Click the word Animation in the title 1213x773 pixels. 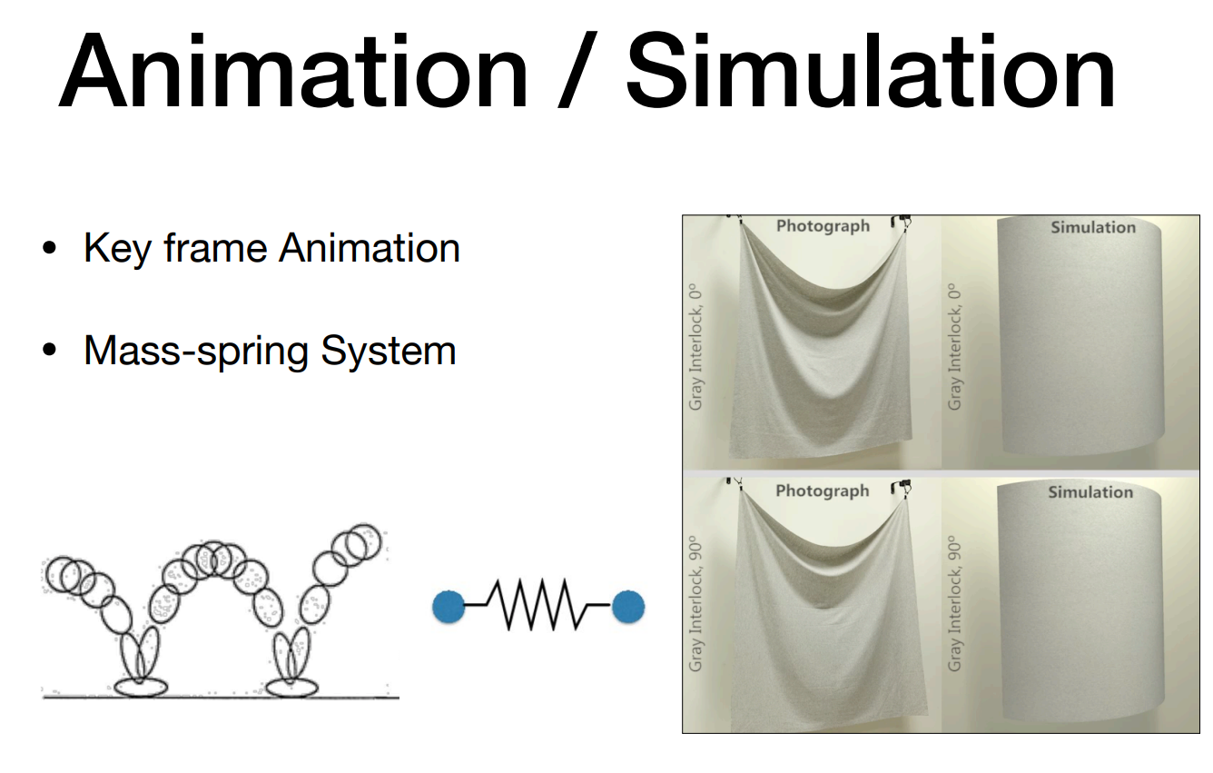pos(293,71)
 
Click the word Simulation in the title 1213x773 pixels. pos(870,71)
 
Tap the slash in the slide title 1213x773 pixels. pos(577,69)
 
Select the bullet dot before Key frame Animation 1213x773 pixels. pos(49,248)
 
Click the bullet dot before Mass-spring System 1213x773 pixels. pos(49,350)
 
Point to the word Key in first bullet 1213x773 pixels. pos(116,249)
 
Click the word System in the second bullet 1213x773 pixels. pos(389,351)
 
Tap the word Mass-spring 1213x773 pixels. pos(195,351)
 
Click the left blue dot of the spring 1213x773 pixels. pos(449,607)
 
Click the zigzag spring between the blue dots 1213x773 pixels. pos(538,605)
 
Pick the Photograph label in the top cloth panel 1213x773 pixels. pos(823,226)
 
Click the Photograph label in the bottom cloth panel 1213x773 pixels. pos(822,491)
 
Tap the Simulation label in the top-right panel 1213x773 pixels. pos(1093,227)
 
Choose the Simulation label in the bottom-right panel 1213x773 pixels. pos(1090,492)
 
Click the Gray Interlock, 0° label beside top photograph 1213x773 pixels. pos(695,347)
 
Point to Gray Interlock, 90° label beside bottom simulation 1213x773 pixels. pos(955,604)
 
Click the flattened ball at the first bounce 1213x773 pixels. pos(141,687)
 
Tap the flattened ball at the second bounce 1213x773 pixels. pos(291,687)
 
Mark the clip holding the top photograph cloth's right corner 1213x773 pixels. pos(902,223)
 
